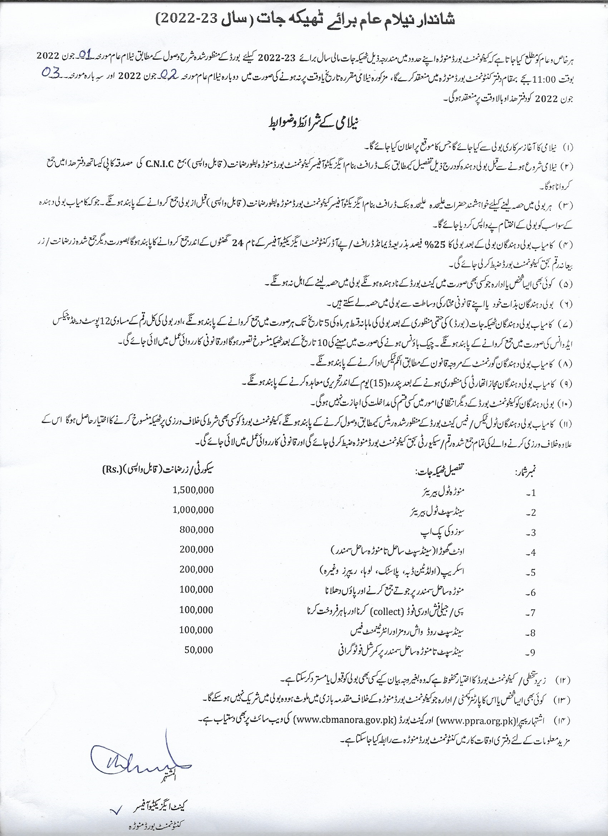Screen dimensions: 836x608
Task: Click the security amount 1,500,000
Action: [x=193, y=490]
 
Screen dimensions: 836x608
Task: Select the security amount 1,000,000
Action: [x=193, y=510]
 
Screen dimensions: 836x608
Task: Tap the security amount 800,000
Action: [x=196, y=530]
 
